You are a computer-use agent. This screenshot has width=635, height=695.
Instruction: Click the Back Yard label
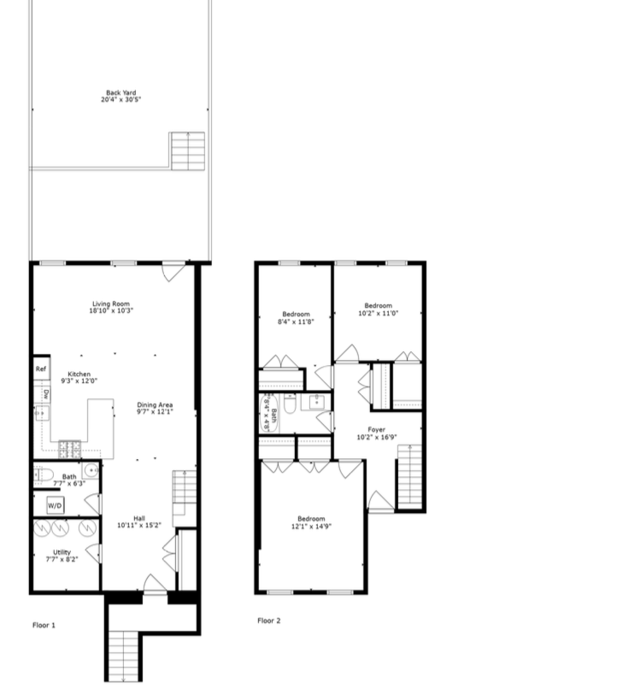(x=121, y=96)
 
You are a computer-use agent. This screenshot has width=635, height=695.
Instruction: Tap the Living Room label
(x=111, y=306)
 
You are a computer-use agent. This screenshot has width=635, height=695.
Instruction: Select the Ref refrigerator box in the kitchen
(x=40, y=369)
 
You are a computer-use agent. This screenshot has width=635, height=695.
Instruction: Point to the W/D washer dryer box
(x=55, y=506)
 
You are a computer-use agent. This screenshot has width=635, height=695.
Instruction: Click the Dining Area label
(x=156, y=408)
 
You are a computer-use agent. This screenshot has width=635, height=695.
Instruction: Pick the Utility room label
(x=62, y=556)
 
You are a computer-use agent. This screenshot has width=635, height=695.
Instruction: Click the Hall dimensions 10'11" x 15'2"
(x=138, y=524)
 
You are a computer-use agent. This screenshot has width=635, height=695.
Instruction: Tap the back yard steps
(x=187, y=150)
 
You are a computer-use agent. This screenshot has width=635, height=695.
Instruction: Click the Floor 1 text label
(x=44, y=625)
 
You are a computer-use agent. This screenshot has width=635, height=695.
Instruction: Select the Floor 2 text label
(x=268, y=621)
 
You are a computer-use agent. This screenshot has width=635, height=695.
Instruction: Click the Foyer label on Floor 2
(x=376, y=433)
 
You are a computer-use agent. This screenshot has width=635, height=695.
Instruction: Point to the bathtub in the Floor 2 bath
(x=270, y=414)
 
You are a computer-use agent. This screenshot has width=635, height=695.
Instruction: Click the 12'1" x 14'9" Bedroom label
(x=311, y=522)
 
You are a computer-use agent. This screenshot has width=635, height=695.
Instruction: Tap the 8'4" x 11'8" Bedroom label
(x=294, y=318)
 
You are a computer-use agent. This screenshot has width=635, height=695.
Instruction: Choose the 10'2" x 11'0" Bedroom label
(x=378, y=309)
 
